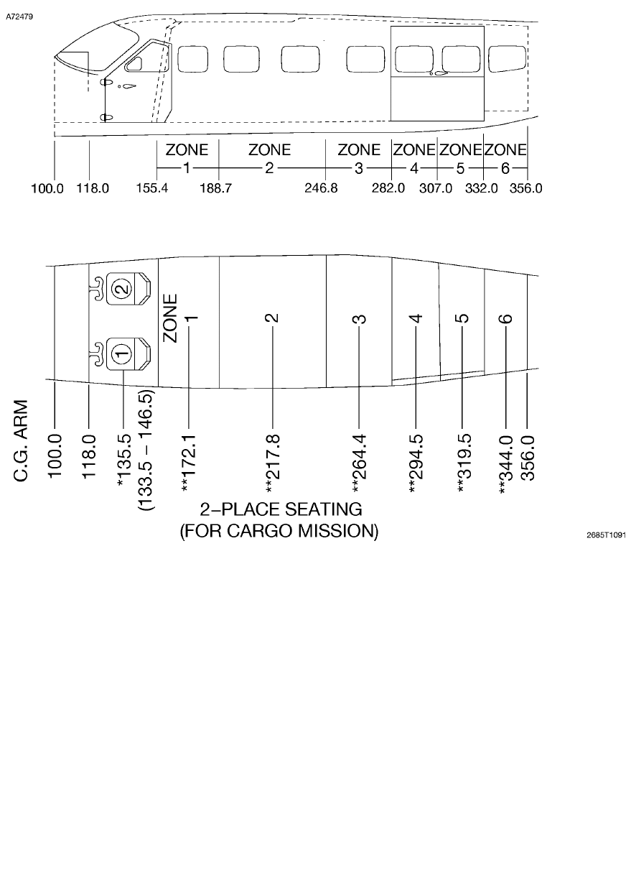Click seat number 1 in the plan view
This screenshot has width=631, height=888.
(x=123, y=353)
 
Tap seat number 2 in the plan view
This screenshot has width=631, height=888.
(x=123, y=289)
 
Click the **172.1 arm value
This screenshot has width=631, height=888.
(x=189, y=459)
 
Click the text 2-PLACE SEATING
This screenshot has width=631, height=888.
(x=281, y=509)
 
